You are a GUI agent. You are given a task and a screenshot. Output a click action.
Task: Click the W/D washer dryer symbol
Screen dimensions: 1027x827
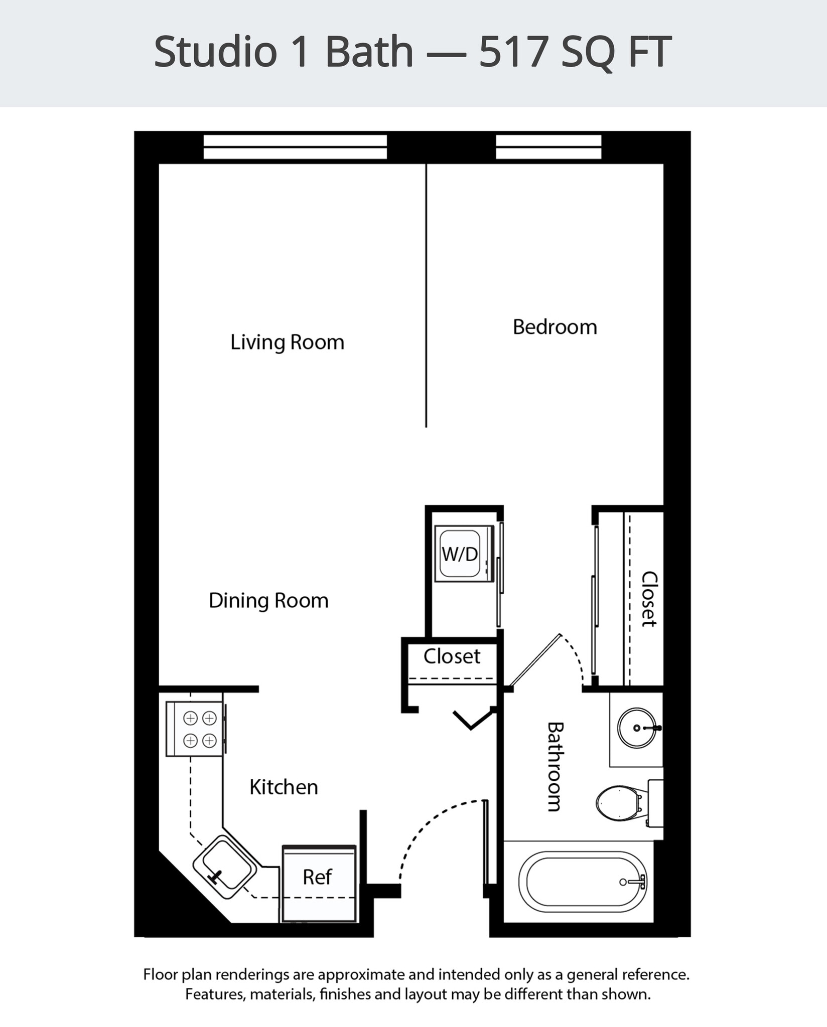460,554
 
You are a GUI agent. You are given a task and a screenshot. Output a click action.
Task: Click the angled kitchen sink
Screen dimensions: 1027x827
224,867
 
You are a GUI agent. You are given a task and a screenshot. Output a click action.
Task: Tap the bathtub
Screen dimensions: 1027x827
582,882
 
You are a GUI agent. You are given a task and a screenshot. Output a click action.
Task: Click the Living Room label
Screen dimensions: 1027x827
287,343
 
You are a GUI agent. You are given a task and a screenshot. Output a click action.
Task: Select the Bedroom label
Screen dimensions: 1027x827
555,327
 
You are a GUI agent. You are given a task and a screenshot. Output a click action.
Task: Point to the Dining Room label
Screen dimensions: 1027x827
268,601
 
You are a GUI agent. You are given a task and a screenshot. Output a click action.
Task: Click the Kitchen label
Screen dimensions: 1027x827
284,787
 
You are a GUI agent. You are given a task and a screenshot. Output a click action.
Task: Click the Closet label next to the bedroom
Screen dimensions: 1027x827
649,599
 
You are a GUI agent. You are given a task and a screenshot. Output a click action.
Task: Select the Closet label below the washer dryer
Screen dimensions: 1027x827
452,656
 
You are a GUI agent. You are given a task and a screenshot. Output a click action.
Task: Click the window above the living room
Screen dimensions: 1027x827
295,147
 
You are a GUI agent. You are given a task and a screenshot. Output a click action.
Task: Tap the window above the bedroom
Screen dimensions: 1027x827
548,147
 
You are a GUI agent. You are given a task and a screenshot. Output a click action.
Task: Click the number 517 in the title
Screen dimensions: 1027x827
512,52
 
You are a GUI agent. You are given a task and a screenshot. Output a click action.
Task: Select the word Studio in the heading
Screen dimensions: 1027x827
215,52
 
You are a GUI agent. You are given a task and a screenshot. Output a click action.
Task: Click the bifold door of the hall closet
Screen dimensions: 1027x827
471,720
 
